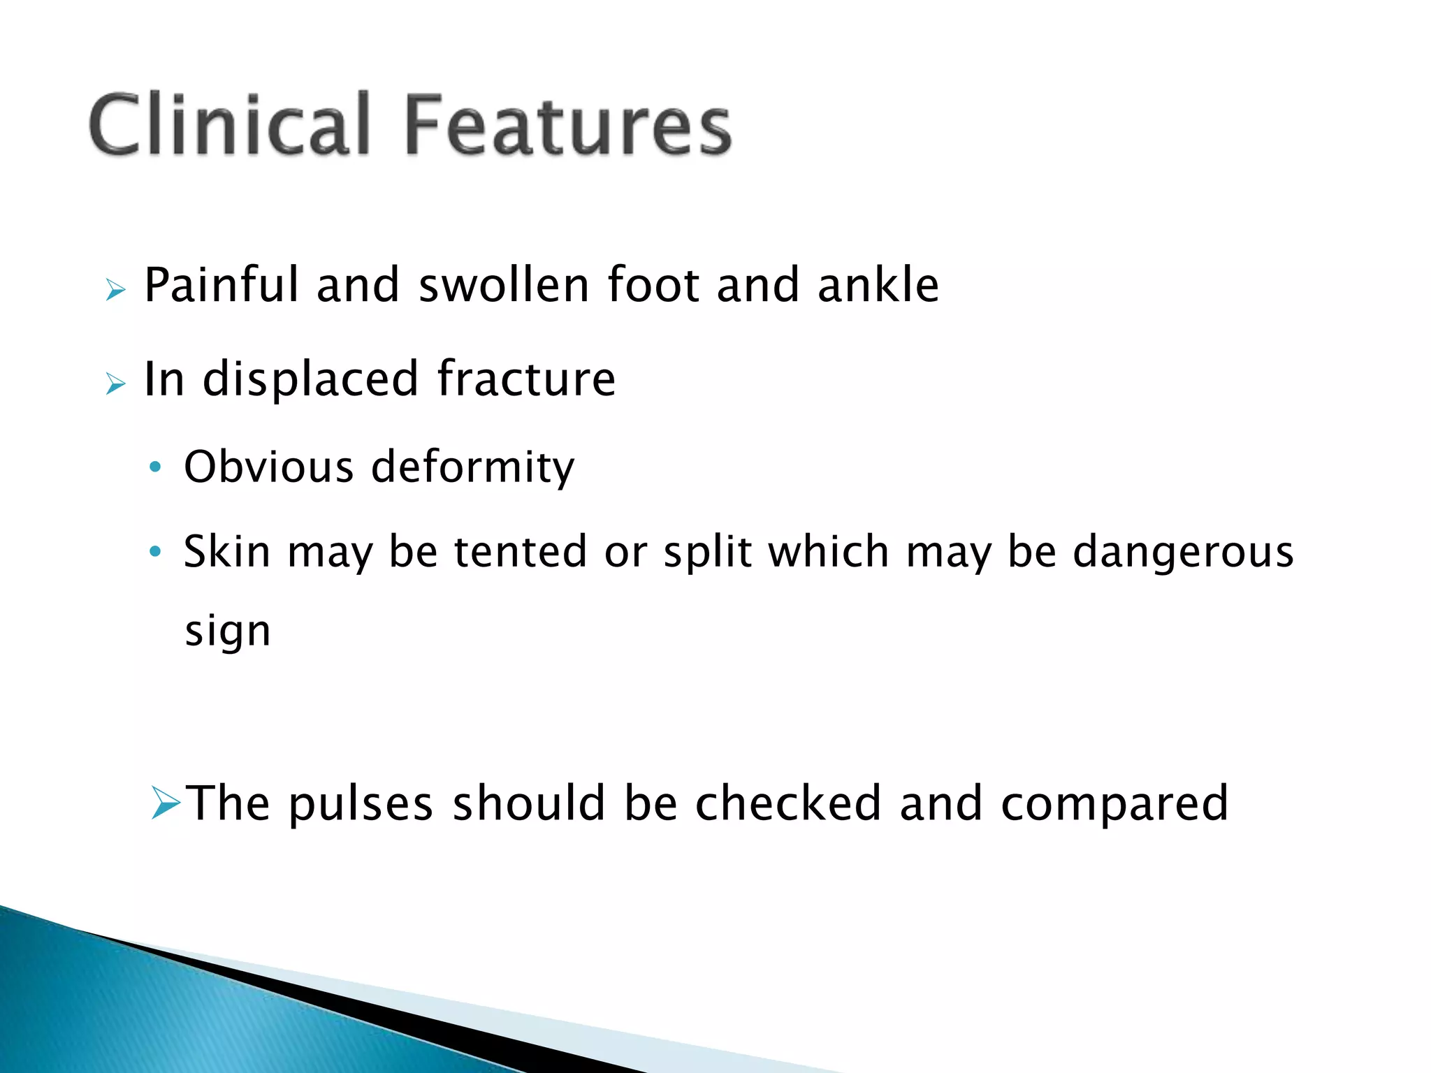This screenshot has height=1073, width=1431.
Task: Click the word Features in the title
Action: pyautogui.click(x=567, y=126)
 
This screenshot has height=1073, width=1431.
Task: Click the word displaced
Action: pyautogui.click(x=310, y=379)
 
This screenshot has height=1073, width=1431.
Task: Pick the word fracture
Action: pyautogui.click(x=526, y=379)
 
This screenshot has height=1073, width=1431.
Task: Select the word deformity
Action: pyautogui.click(x=473, y=468)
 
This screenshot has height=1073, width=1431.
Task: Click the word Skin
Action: pyautogui.click(x=227, y=551)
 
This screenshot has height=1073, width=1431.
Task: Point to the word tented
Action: pyautogui.click(x=521, y=551)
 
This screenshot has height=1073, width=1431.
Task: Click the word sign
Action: pyautogui.click(x=227, y=632)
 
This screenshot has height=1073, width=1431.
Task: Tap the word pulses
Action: pyautogui.click(x=361, y=803)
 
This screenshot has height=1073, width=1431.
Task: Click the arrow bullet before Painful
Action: pyautogui.click(x=115, y=289)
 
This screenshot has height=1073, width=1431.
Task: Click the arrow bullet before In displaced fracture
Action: pyautogui.click(x=115, y=384)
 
